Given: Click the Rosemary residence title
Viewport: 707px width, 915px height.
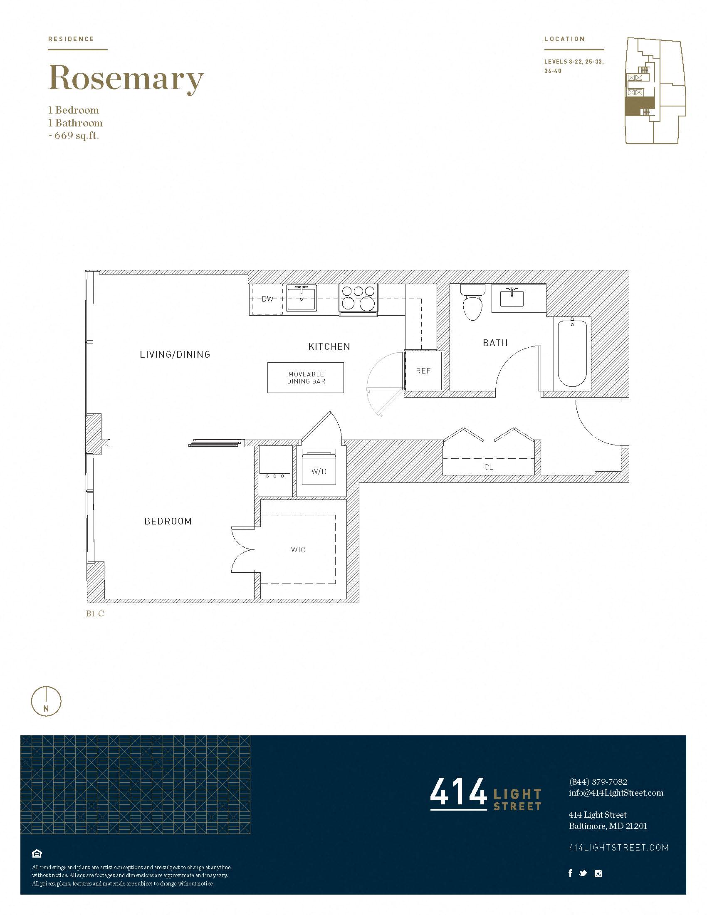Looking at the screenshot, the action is (126, 79).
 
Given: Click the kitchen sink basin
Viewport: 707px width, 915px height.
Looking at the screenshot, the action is (301, 298).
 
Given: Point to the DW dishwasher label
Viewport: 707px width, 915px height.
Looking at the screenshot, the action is (268, 299).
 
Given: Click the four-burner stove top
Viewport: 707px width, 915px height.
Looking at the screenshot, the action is (358, 298).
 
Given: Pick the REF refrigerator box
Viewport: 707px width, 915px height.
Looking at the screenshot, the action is (423, 371).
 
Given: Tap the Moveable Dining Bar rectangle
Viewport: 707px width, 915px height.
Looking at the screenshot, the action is (306, 378).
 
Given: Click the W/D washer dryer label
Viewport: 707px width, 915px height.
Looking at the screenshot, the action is (319, 472).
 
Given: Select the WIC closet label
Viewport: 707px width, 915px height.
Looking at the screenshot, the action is (298, 550).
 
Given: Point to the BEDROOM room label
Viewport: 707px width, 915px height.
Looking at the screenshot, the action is (168, 521).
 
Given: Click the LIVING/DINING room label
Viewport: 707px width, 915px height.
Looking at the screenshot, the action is (175, 354).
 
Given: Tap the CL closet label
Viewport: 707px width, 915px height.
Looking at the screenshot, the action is (489, 467).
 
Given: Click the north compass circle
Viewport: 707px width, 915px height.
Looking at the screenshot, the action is (46, 701).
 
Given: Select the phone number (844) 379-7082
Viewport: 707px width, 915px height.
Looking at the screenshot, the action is (598, 782).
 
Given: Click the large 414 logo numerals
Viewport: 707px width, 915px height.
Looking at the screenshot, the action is (459, 792).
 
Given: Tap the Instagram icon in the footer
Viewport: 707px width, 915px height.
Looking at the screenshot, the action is (598, 873).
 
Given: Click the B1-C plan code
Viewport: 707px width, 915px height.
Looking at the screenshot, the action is (95, 614).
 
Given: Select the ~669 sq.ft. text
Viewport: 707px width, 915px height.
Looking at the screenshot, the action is (73, 136).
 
